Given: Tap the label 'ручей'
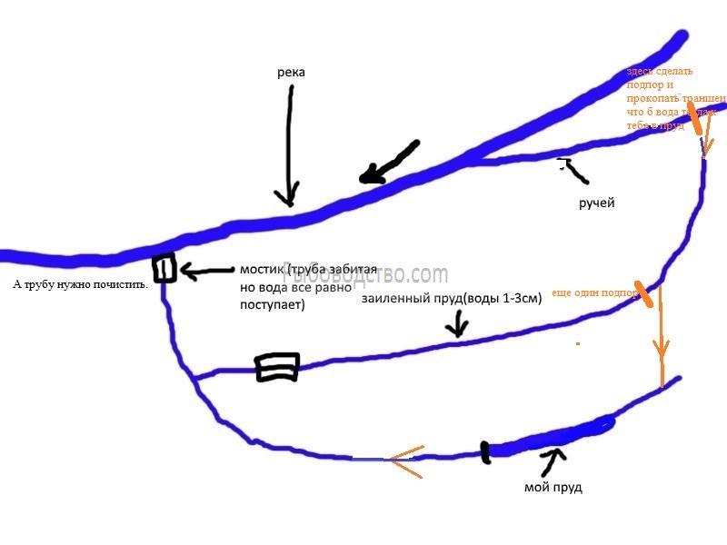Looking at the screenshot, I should click(x=597, y=203).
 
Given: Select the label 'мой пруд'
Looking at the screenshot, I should click(x=553, y=488).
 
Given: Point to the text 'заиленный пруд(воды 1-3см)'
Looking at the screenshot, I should click(x=452, y=298).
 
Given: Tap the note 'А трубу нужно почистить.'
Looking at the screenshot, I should click(x=81, y=284).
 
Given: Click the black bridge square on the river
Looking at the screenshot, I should click(x=164, y=269).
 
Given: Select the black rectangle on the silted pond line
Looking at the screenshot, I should click(x=277, y=367).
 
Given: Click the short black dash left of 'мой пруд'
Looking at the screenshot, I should click(x=486, y=451).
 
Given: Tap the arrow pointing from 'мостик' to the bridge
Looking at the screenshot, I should click(x=206, y=270).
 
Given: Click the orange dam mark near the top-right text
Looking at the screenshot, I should click(x=693, y=118).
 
